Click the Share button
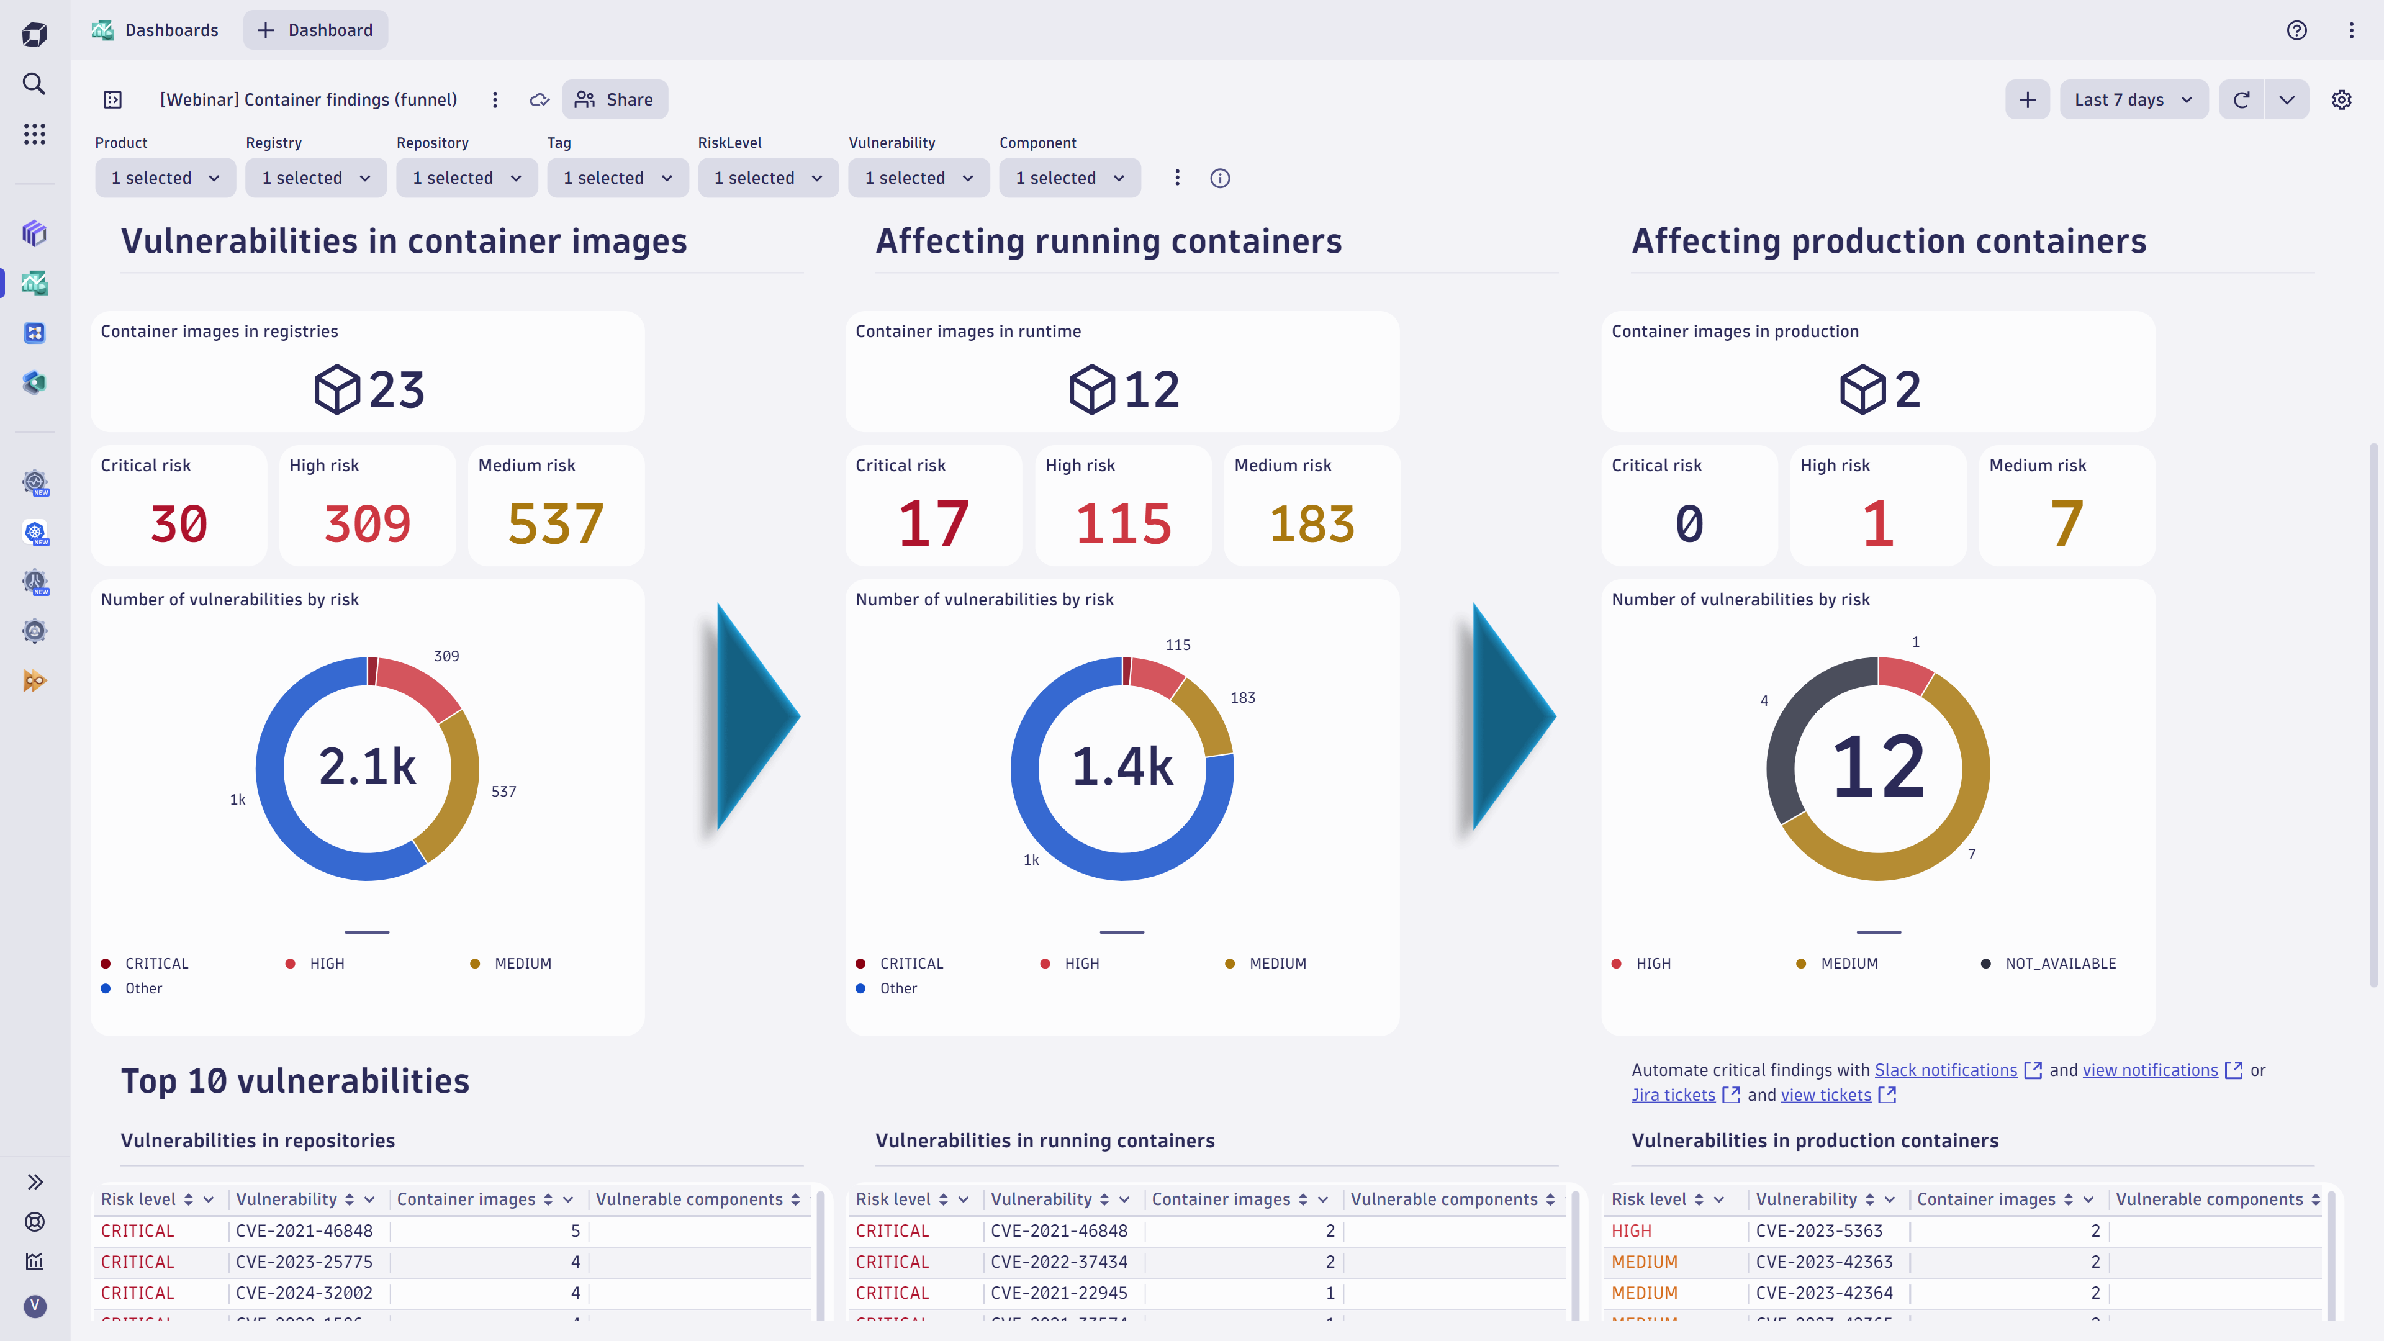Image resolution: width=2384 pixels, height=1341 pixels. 615,100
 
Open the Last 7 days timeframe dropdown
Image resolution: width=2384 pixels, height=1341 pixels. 2133,100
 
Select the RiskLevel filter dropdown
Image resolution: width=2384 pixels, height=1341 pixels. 767,178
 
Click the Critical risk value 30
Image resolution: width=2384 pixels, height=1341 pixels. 179,524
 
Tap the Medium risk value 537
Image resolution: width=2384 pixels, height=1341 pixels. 555,524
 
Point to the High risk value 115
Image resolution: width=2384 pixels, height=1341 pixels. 1122,524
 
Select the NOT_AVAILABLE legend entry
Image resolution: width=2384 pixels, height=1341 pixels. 2060,964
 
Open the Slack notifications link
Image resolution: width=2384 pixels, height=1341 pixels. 1945,1070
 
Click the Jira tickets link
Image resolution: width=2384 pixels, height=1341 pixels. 1673,1095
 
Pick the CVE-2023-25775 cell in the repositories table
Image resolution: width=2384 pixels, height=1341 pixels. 304,1262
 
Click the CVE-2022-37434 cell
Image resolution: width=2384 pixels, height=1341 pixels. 1059,1262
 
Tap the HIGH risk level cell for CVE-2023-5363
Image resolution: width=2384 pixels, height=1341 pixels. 1631,1231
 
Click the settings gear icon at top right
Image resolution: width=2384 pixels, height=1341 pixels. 2341,100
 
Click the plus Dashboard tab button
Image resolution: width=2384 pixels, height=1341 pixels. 315,30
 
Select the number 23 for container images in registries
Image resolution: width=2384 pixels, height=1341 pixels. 396,390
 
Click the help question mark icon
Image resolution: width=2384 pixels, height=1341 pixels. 2296,30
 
